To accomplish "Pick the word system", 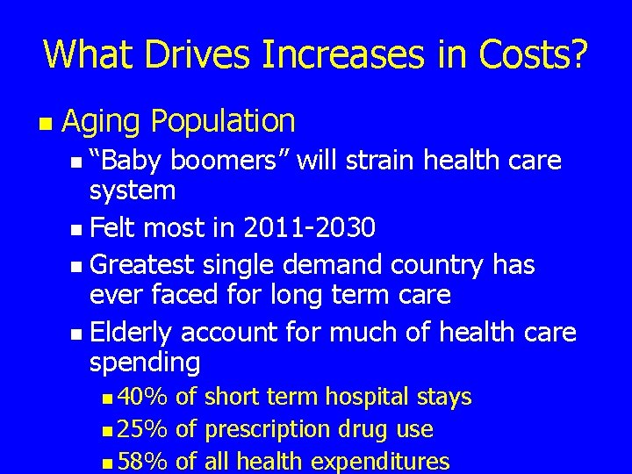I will pyautogui.click(x=133, y=190).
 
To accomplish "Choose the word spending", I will pyautogui.click(x=145, y=362).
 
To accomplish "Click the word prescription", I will pyautogui.click(x=263, y=429).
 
